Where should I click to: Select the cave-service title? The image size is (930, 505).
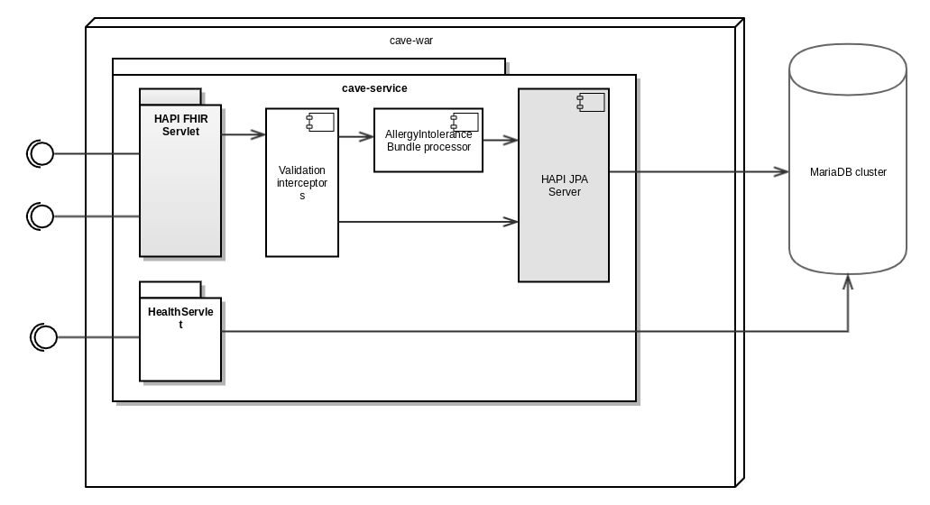click(x=374, y=88)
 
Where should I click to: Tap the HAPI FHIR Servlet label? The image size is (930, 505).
click(x=180, y=125)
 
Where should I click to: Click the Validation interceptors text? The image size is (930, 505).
click(x=301, y=183)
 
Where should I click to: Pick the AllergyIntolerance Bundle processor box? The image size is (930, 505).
click(x=428, y=141)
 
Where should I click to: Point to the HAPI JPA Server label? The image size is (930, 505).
click(x=564, y=186)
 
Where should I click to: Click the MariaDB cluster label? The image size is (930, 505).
click(x=848, y=172)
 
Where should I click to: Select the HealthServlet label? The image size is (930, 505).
click(x=180, y=317)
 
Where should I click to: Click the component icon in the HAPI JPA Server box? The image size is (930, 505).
click(x=591, y=103)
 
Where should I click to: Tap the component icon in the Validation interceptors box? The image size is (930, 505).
click(x=320, y=122)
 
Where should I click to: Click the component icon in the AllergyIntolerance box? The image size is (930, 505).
click(x=465, y=122)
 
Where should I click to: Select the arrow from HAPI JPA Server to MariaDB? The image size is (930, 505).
click(x=699, y=171)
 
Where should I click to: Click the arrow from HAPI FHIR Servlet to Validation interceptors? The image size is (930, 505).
click(x=244, y=135)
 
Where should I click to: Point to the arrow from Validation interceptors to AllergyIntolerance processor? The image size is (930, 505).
click(x=356, y=137)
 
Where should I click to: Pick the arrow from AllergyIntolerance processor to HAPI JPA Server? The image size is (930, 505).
click(x=501, y=140)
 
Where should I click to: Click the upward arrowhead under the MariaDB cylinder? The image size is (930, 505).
click(x=848, y=282)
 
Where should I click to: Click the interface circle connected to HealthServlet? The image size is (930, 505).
click(x=44, y=337)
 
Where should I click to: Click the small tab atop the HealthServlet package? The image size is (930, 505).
click(x=170, y=289)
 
